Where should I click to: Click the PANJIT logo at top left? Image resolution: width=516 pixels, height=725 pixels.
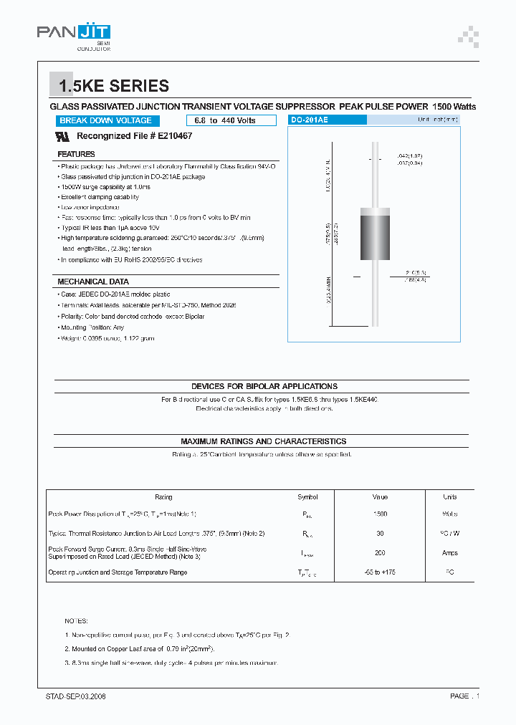click(73, 33)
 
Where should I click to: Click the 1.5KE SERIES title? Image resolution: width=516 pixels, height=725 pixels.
click(114, 87)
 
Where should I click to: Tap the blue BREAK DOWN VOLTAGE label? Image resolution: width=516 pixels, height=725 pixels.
click(105, 120)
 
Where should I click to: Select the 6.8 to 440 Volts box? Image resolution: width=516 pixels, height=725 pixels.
click(225, 120)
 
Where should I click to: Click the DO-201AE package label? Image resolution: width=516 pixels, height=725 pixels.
click(309, 120)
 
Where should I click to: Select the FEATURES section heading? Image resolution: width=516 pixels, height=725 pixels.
click(76, 154)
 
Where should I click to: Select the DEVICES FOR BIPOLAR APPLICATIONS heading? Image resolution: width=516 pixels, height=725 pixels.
click(264, 386)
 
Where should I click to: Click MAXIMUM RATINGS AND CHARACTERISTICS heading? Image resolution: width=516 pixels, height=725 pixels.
click(263, 441)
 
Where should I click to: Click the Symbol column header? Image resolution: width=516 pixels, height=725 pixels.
click(307, 496)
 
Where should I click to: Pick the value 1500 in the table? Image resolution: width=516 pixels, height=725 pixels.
click(380, 514)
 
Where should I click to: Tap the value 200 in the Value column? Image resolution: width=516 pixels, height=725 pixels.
click(380, 552)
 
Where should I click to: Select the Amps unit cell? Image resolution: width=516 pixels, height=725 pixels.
click(449, 552)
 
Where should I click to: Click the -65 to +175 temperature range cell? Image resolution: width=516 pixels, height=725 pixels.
click(380, 572)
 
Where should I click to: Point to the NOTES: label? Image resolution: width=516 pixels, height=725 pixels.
click(76, 620)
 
